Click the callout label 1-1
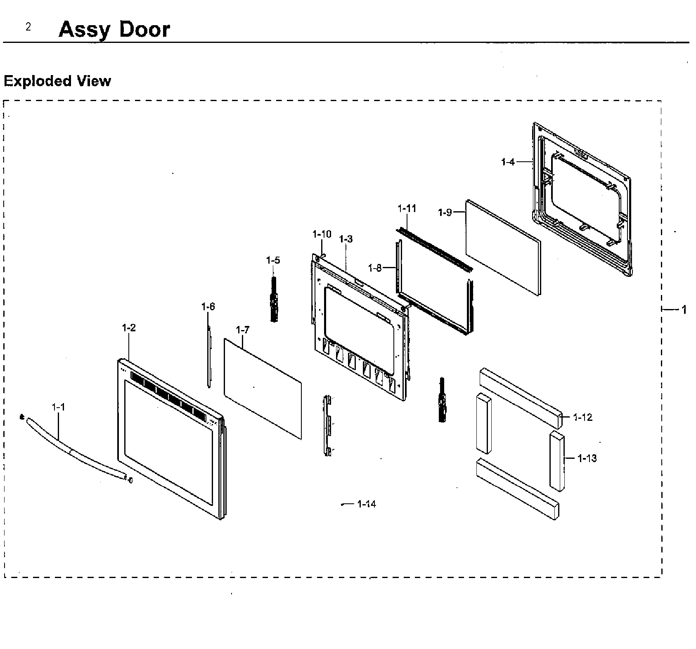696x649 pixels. [x=58, y=407]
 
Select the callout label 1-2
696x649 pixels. [x=129, y=328]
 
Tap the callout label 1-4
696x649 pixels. [x=508, y=162]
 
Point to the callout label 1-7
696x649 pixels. [x=243, y=330]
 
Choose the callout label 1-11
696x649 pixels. [x=407, y=209]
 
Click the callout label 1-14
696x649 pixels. [x=367, y=504]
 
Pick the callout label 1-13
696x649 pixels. [x=587, y=458]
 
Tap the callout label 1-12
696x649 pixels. [x=583, y=418]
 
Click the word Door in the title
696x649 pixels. [x=144, y=30]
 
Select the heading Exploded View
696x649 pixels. [x=57, y=81]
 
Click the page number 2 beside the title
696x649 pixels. [x=28, y=27]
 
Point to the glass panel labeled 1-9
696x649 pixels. [x=503, y=248]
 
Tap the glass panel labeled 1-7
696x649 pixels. [x=263, y=388]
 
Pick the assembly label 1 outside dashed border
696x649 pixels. [x=684, y=309]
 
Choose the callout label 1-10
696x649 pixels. [x=322, y=235]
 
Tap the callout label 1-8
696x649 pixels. [x=374, y=268]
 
